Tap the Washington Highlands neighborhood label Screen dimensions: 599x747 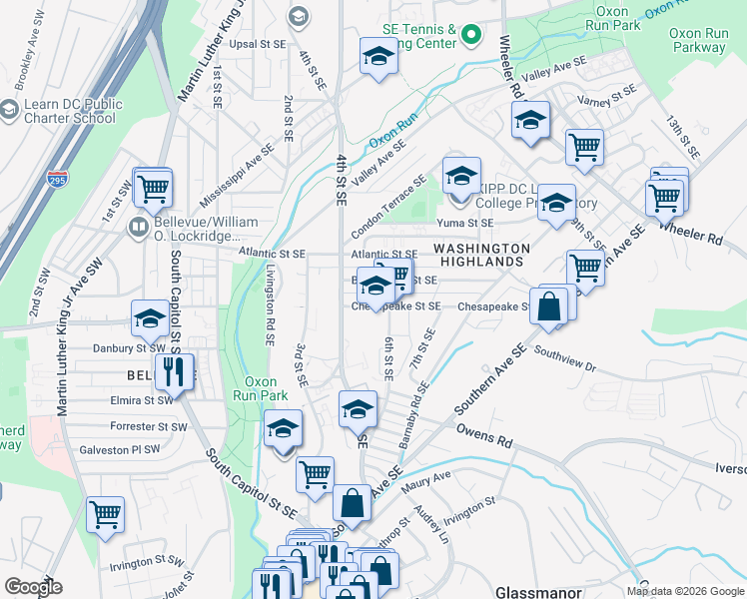coord(480,255)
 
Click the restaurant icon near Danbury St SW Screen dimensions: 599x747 coord(175,374)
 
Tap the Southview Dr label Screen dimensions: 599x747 coord(564,359)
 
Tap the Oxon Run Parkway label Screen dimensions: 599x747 coord(698,41)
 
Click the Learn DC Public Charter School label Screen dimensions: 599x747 coord(68,111)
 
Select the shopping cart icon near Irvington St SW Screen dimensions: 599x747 coord(105,516)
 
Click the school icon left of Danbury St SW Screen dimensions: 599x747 coord(150,319)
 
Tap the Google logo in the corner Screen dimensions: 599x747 coord(32,587)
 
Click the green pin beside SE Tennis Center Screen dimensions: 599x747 coord(474,39)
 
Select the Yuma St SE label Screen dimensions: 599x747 coord(472,224)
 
